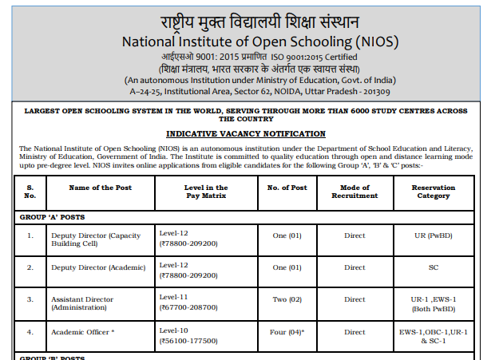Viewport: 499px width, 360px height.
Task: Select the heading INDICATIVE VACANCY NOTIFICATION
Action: point(246,134)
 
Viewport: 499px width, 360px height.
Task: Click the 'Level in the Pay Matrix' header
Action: point(205,192)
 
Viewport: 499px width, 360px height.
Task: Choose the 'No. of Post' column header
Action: point(287,188)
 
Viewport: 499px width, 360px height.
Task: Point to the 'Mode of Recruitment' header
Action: point(354,192)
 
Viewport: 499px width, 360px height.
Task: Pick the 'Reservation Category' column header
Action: point(432,192)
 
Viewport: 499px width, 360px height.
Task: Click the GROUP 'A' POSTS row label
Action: point(52,216)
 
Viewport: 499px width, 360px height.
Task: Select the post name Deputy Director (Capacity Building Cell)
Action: point(95,240)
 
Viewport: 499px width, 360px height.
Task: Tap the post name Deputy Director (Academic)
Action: point(98,267)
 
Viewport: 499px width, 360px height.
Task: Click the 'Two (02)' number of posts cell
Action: point(287,298)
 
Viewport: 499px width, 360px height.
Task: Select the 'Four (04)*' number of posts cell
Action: point(287,332)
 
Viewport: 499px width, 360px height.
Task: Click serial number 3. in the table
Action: point(30,298)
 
